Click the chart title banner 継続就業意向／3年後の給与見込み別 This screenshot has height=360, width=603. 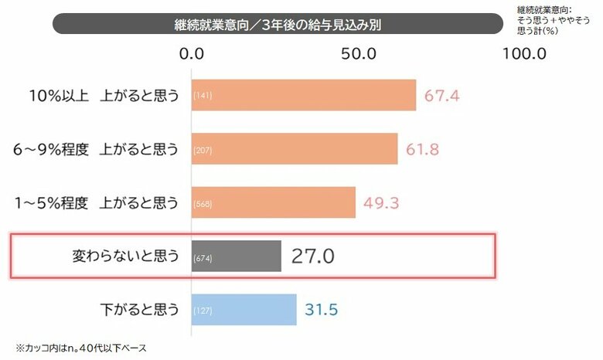[x=278, y=23]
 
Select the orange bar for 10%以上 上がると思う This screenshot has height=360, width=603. [x=303, y=96]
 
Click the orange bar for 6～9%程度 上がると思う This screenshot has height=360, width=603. [x=295, y=148]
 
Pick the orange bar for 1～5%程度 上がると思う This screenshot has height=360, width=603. [x=274, y=203]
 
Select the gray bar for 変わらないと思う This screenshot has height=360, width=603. [x=236, y=256]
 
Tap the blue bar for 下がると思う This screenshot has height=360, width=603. [x=244, y=310]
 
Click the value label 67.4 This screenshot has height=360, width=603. [x=443, y=97]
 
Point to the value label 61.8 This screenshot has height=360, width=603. [x=424, y=149]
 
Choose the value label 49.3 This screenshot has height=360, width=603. [x=382, y=203]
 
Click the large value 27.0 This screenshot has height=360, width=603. [x=312, y=256]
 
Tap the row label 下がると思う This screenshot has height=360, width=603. [x=140, y=310]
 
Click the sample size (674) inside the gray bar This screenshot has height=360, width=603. [x=203, y=257]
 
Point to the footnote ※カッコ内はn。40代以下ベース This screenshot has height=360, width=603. [x=81, y=348]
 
